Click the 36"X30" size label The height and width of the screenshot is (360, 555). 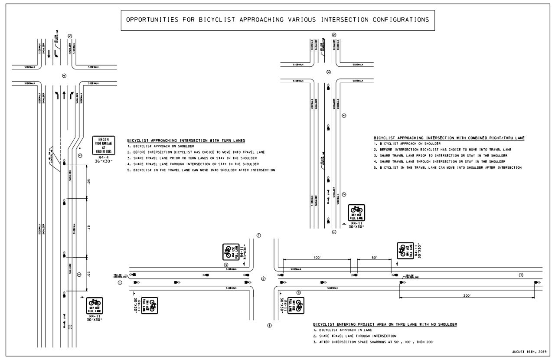103,161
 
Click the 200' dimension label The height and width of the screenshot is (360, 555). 467,295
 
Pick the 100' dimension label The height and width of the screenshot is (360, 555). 317,258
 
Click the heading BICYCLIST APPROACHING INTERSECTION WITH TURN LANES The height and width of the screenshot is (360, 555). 186,141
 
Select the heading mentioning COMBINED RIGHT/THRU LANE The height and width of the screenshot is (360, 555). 449,137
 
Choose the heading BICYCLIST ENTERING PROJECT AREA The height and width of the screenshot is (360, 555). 385,324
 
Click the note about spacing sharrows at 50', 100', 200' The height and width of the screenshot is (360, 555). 373,343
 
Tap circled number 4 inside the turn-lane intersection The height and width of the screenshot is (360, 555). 64,75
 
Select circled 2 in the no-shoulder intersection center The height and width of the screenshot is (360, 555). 263,278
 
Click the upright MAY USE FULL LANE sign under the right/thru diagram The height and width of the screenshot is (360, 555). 358,213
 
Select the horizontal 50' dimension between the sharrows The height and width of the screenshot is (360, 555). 374,258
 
